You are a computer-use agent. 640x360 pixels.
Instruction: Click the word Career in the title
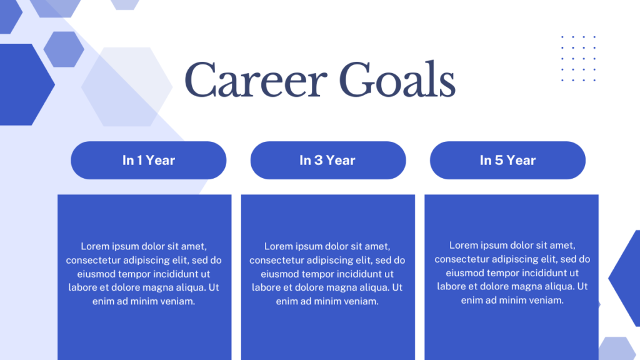coord(256,79)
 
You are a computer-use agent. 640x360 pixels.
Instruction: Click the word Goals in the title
coord(397,79)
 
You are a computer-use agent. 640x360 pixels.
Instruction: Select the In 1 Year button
coord(149,161)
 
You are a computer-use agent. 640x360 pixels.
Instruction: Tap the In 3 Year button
coord(328,161)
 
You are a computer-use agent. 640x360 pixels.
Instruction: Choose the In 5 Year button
coord(507,161)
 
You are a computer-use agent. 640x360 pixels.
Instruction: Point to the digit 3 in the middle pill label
coord(318,161)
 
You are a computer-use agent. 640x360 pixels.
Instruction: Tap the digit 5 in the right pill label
coord(499,161)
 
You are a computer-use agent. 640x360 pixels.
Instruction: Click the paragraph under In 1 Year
coord(144,274)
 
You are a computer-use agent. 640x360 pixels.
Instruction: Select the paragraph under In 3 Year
coord(327,274)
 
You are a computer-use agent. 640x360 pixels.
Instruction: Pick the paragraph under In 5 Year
coord(512,272)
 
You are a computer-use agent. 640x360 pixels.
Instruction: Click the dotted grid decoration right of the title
coord(578,59)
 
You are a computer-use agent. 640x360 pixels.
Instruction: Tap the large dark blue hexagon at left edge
coord(24,84)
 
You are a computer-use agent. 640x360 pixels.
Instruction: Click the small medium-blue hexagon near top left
coord(64,49)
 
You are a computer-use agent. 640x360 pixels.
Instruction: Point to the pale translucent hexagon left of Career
coord(127,86)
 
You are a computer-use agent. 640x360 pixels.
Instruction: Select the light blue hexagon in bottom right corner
coord(617,349)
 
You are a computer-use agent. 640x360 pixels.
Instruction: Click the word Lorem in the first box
coord(95,246)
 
